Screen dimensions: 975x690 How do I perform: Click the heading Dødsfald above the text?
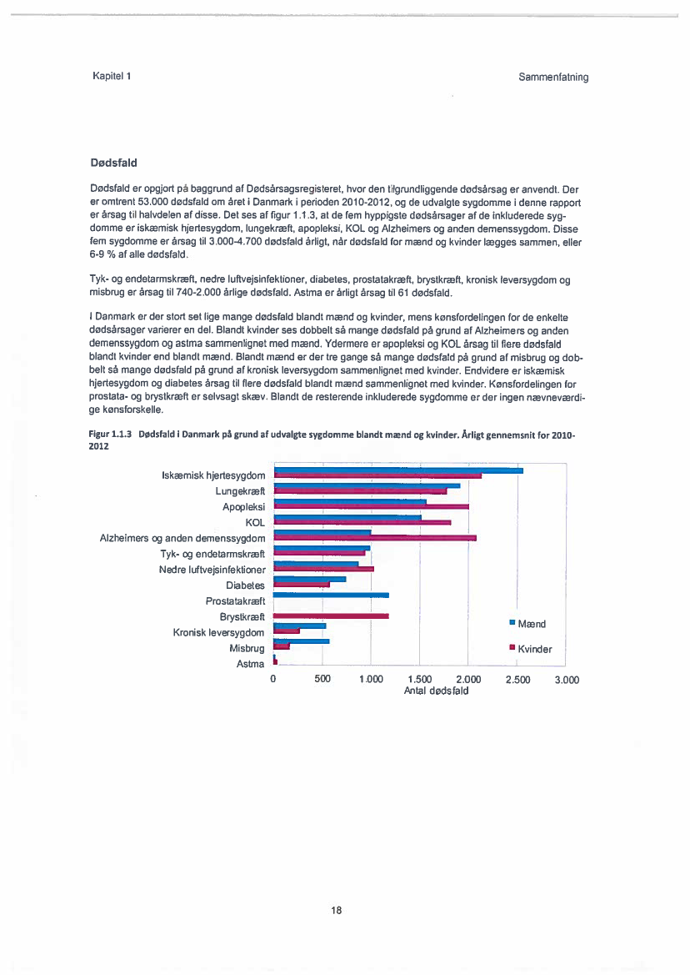[x=113, y=161]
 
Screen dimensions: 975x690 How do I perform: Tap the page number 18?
[x=337, y=910]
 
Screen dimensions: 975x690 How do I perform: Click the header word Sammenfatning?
[x=553, y=77]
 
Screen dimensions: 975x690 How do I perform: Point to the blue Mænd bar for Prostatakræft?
[x=332, y=595]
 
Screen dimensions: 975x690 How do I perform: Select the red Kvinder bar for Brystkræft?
[x=332, y=616]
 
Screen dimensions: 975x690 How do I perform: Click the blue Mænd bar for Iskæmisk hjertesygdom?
[x=398, y=470]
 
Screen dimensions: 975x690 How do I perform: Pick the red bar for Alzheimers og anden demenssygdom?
[x=375, y=538]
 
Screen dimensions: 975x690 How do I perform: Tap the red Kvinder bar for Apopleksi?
[x=372, y=506]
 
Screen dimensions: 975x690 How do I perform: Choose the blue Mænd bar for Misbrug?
[x=302, y=641]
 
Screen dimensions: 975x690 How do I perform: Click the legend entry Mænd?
[x=531, y=624]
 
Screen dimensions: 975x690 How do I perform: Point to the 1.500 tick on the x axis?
[x=420, y=680]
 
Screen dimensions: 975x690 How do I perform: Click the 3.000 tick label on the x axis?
[x=567, y=680]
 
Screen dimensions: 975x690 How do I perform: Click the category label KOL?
[x=255, y=522]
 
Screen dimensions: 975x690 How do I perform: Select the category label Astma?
[x=251, y=664]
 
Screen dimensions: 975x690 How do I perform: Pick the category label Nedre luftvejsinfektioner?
[x=212, y=570]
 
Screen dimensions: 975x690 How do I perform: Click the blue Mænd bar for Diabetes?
[x=310, y=579]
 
